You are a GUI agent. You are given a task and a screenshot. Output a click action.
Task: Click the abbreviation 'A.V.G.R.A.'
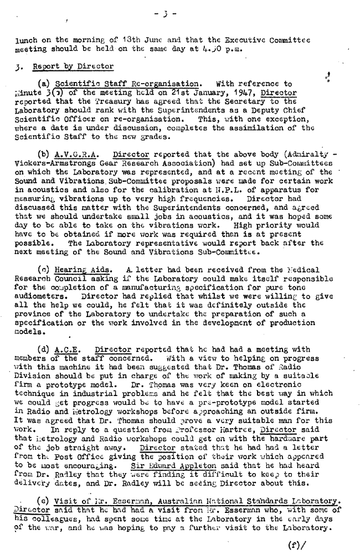(x=79, y=155)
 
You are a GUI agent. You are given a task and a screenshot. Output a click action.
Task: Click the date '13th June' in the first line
(x=127, y=39)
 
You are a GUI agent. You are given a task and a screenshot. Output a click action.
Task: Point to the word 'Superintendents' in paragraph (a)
(x=205, y=110)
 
